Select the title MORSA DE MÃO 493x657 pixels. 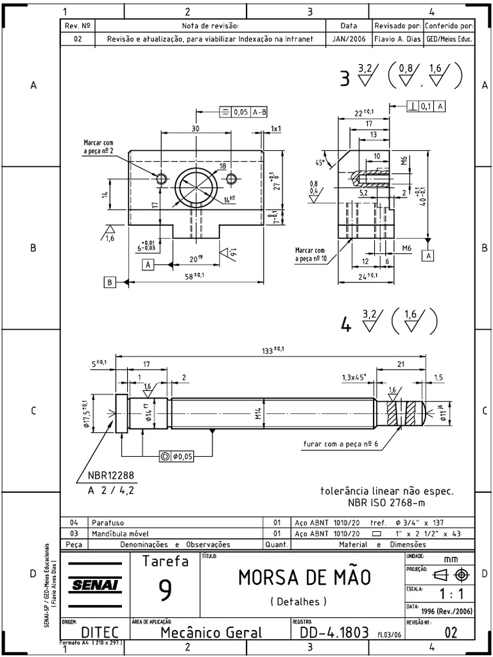coord(304,577)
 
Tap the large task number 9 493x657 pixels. coord(164,590)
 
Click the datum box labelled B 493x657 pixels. coord(110,281)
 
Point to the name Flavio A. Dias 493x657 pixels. coord(397,38)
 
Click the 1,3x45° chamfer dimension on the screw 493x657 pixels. coord(354,378)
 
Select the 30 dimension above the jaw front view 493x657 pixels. coord(195,128)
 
